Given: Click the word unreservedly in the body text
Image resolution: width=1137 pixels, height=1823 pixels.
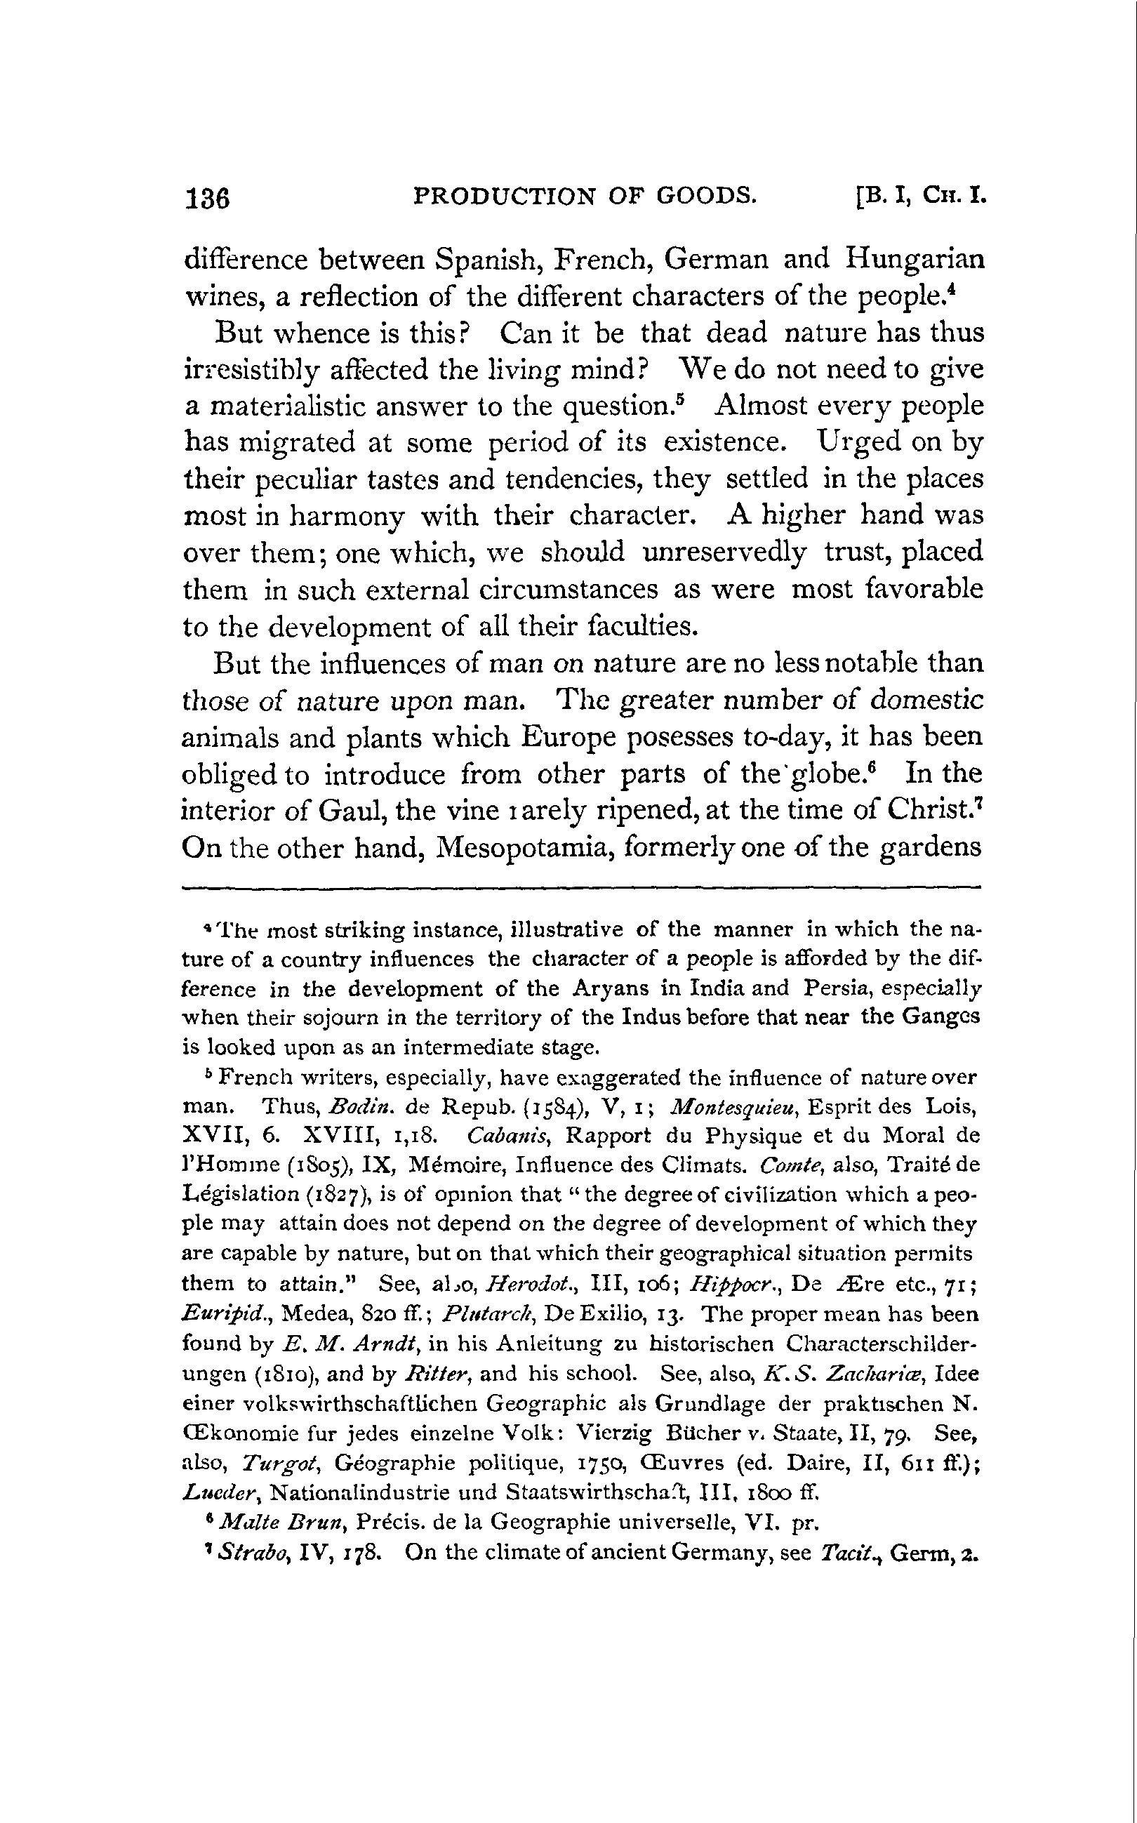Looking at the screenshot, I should (725, 552).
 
